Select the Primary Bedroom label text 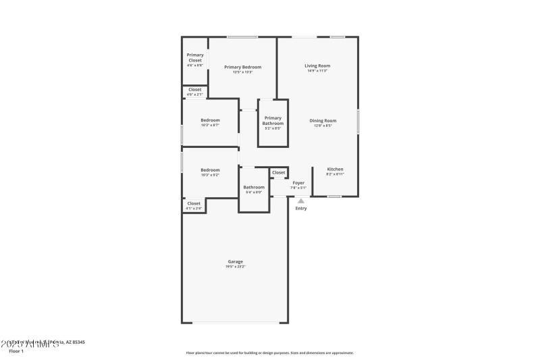coord(242,67)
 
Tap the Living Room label coord(317,66)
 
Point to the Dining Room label coord(323,120)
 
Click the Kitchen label coord(335,169)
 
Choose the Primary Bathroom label coord(273,120)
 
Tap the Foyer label coord(298,182)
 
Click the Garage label coord(235,261)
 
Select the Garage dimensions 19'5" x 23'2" coord(235,267)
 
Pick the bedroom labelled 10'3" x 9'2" coord(210,170)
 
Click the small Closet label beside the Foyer coord(279,173)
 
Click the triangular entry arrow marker coord(301,200)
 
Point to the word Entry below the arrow coord(301,208)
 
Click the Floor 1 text coord(16,351)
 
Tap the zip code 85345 coord(78,342)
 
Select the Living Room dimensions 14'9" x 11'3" coord(317,71)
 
